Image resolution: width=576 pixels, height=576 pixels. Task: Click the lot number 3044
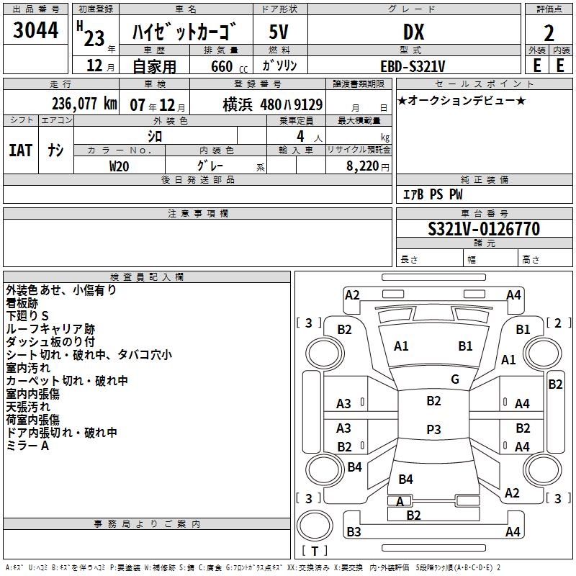click(x=36, y=30)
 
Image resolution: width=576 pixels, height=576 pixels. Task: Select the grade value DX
click(x=413, y=32)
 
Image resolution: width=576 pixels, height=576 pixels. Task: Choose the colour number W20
click(x=120, y=166)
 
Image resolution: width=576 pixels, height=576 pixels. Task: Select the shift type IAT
click(x=20, y=150)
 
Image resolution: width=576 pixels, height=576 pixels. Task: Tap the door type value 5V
click(x=279, y=32)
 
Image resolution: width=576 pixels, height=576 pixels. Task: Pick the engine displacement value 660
click(x=221, y=66)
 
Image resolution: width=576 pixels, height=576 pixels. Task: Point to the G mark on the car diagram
click(x=455, y=379)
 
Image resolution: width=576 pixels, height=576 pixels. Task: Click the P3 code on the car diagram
click(x=433, y=430)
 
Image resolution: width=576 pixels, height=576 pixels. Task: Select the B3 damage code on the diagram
click(x=354, y=532)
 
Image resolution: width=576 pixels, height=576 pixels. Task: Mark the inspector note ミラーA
click(x=27, y=446)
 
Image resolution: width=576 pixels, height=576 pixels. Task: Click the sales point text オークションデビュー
click(x=462, y=100)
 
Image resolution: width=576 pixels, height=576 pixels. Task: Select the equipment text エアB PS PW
click(x=432, y=194)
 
